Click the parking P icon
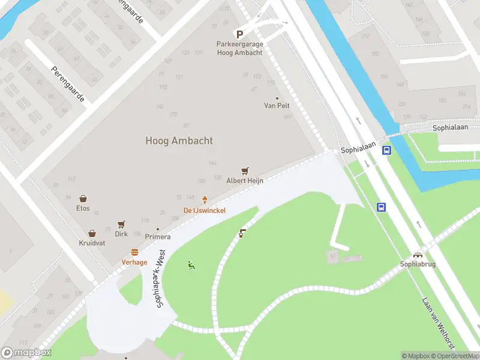239,35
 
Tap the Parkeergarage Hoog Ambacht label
239,49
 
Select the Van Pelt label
277,106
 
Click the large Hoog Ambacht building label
179,140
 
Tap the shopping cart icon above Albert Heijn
244,171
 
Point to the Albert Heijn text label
244,181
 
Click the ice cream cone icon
205,200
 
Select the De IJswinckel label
205,210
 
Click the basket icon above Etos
83,199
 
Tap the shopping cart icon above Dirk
121,224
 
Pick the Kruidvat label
92,243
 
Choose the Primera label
157,237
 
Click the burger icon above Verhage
134,253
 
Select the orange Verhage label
134,262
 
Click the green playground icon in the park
191,265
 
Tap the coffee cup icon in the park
242,233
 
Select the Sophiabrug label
417,263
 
